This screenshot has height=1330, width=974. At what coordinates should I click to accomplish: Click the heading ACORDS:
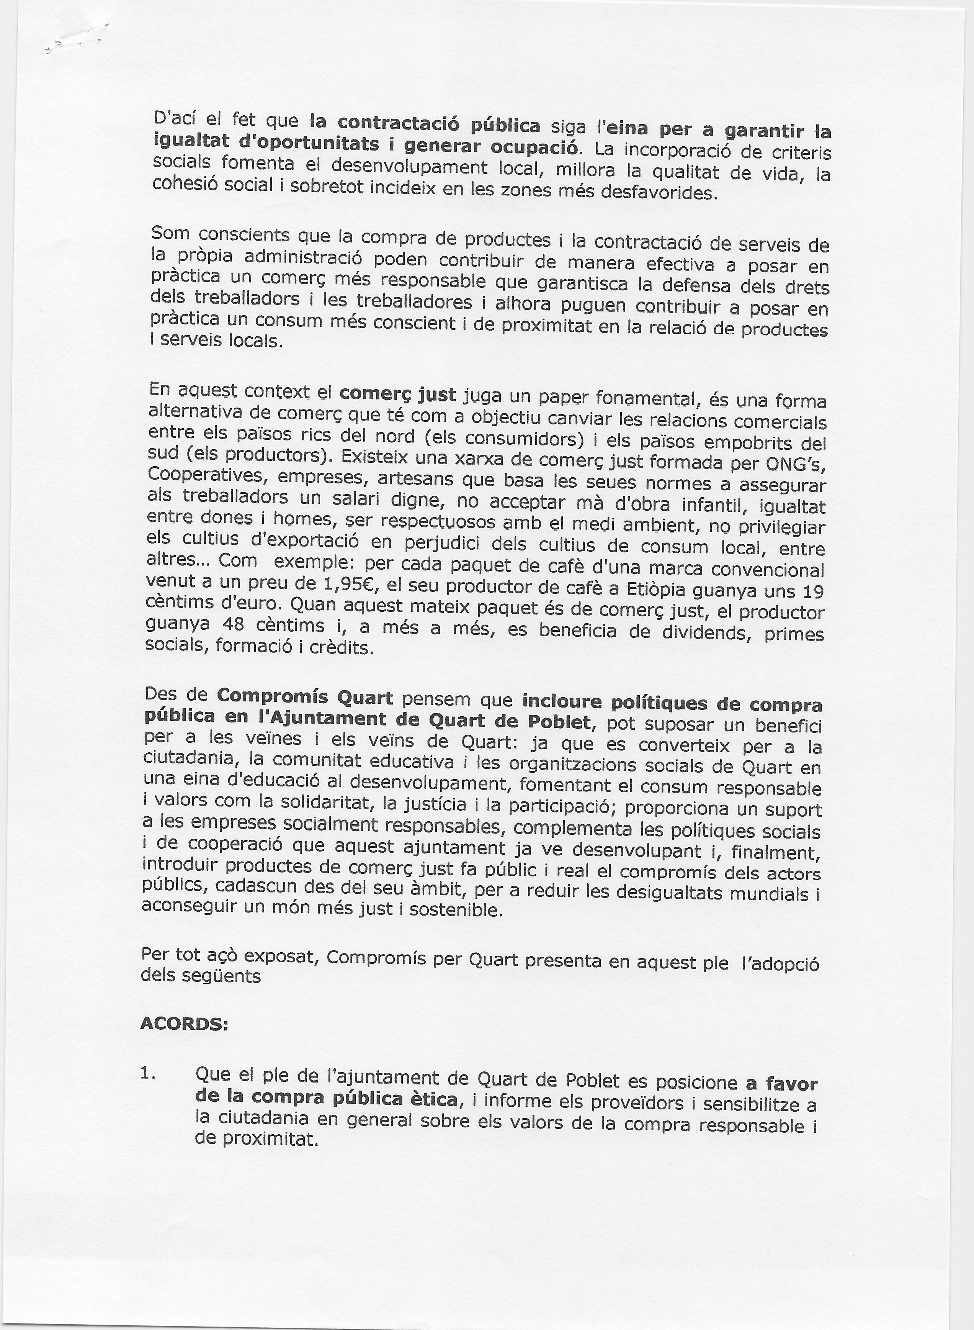(184, 1024)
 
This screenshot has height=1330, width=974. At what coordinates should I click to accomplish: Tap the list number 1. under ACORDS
(147, 1073)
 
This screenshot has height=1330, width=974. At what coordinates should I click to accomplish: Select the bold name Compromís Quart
(305, 697)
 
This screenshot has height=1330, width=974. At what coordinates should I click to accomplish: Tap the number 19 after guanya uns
(813, 591)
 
